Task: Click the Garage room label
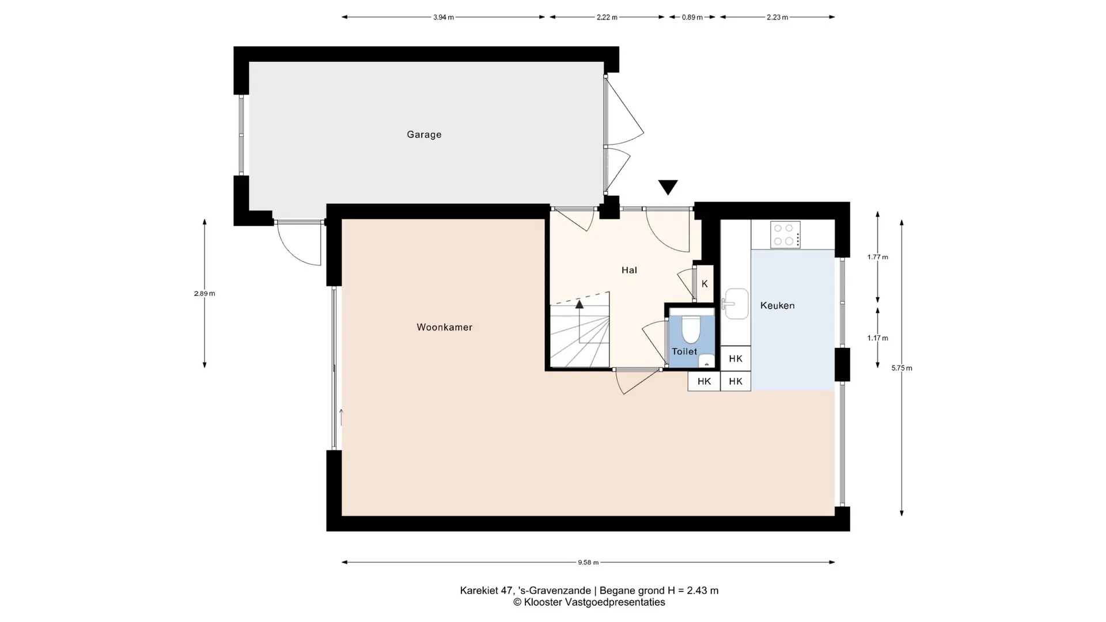424,135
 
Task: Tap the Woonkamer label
444,327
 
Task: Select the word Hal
629,270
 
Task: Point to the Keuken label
777,306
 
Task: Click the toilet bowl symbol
691,329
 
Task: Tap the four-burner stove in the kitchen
785,235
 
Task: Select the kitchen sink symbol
736,304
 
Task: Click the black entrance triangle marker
668,187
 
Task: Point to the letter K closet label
704,284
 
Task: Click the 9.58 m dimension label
588,563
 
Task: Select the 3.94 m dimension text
443,17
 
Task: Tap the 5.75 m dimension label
902,368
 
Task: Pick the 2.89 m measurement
204,294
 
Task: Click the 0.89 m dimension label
692,17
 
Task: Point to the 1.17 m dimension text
877,338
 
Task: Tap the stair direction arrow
579,321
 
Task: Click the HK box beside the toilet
736,359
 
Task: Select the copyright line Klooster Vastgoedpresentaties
589,602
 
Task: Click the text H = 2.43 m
693,590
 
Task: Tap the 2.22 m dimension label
607,17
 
